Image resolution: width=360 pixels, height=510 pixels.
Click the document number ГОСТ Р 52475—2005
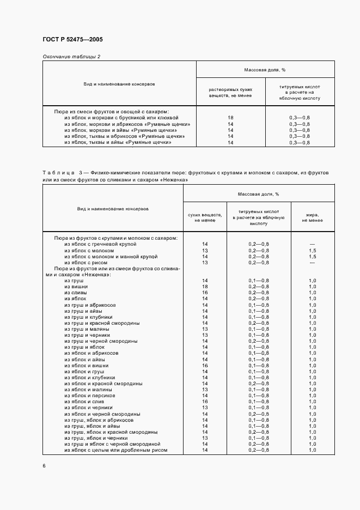click(x=72, y=40)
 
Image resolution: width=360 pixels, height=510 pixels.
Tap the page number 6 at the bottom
click(x=44, y=466)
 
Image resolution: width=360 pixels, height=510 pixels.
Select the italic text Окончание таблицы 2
click(x=71, y=56)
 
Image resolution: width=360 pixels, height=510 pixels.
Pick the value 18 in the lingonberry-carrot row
click(x=230, y=117)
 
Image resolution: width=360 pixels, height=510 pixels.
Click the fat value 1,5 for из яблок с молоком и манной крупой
click(x=313, y=256)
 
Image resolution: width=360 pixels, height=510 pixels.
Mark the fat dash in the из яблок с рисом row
click(x=313, y=262)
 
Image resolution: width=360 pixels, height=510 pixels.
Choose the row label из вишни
click(x=76, y=286)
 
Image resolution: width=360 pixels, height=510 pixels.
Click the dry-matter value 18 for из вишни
click(x=205, y=286)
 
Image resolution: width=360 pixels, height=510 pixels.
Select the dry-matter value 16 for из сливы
click(x=205, y=293)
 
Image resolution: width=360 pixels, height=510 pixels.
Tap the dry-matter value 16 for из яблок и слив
click(x=205, y=402)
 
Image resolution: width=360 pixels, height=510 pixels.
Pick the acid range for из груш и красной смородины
click(x=259, y=323)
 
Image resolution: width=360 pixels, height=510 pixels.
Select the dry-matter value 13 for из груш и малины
click(x=205, y=329)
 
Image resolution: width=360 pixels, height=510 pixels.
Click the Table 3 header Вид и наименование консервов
click(x=113, y=209)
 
